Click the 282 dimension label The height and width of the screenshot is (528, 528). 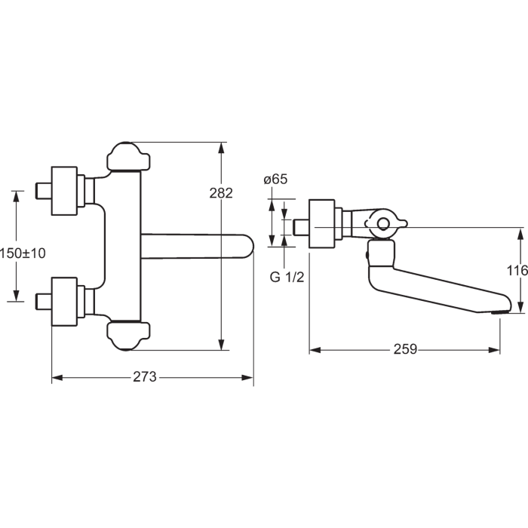point(221,193)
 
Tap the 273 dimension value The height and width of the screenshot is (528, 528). point(145,377)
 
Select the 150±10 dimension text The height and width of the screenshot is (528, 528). point(23,253)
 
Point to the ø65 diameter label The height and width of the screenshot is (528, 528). point(275,180)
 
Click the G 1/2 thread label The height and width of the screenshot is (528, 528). point(287,277)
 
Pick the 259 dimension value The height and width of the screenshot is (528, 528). point(406,349)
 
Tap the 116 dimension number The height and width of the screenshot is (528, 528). point(517,270)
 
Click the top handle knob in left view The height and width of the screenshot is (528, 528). point(128,157)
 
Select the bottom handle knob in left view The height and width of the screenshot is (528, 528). point(128,336)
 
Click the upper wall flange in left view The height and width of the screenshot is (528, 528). point(64,191)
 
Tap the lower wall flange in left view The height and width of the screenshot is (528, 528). point(64,302)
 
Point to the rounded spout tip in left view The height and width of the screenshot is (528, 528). point(248,246)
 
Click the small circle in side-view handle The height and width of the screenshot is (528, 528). point(383,223)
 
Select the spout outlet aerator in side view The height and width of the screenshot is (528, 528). point(501,312)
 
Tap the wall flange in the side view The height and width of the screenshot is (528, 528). point(322,224)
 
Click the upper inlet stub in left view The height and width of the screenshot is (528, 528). point(44,191)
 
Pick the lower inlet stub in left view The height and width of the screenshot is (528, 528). point(44,302)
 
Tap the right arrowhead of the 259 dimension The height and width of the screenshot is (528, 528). point(493,350)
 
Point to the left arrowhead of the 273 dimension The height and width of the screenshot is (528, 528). point(58,378)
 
